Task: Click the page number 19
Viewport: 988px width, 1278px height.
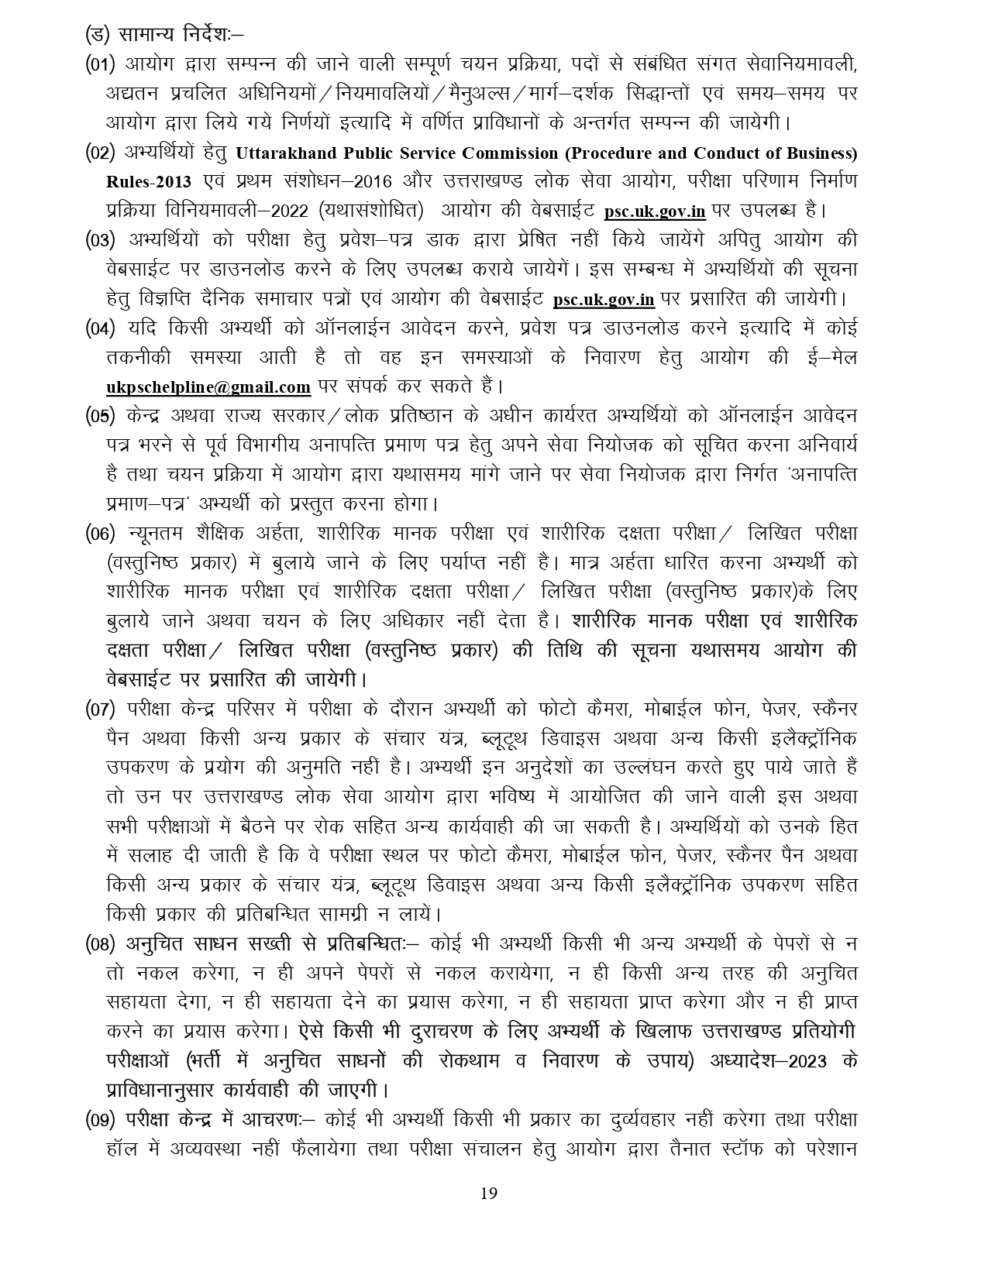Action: pyautogui.click(x=489, y=1193)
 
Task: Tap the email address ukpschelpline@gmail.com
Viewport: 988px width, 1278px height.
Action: pyautogui.click(x=208, y=386)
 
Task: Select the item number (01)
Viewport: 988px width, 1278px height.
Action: pyautogui.click(x=101, y=64)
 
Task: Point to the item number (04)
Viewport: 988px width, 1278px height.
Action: pyautogui.click(x=101, y=327)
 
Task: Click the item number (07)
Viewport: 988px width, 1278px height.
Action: pyautogui.click(x=101, y=709)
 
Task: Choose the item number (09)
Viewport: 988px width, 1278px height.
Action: pyautogui.click(x=101, y=1120)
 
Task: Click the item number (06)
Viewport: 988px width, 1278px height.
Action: pyautogui.click(x=101, y=533)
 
